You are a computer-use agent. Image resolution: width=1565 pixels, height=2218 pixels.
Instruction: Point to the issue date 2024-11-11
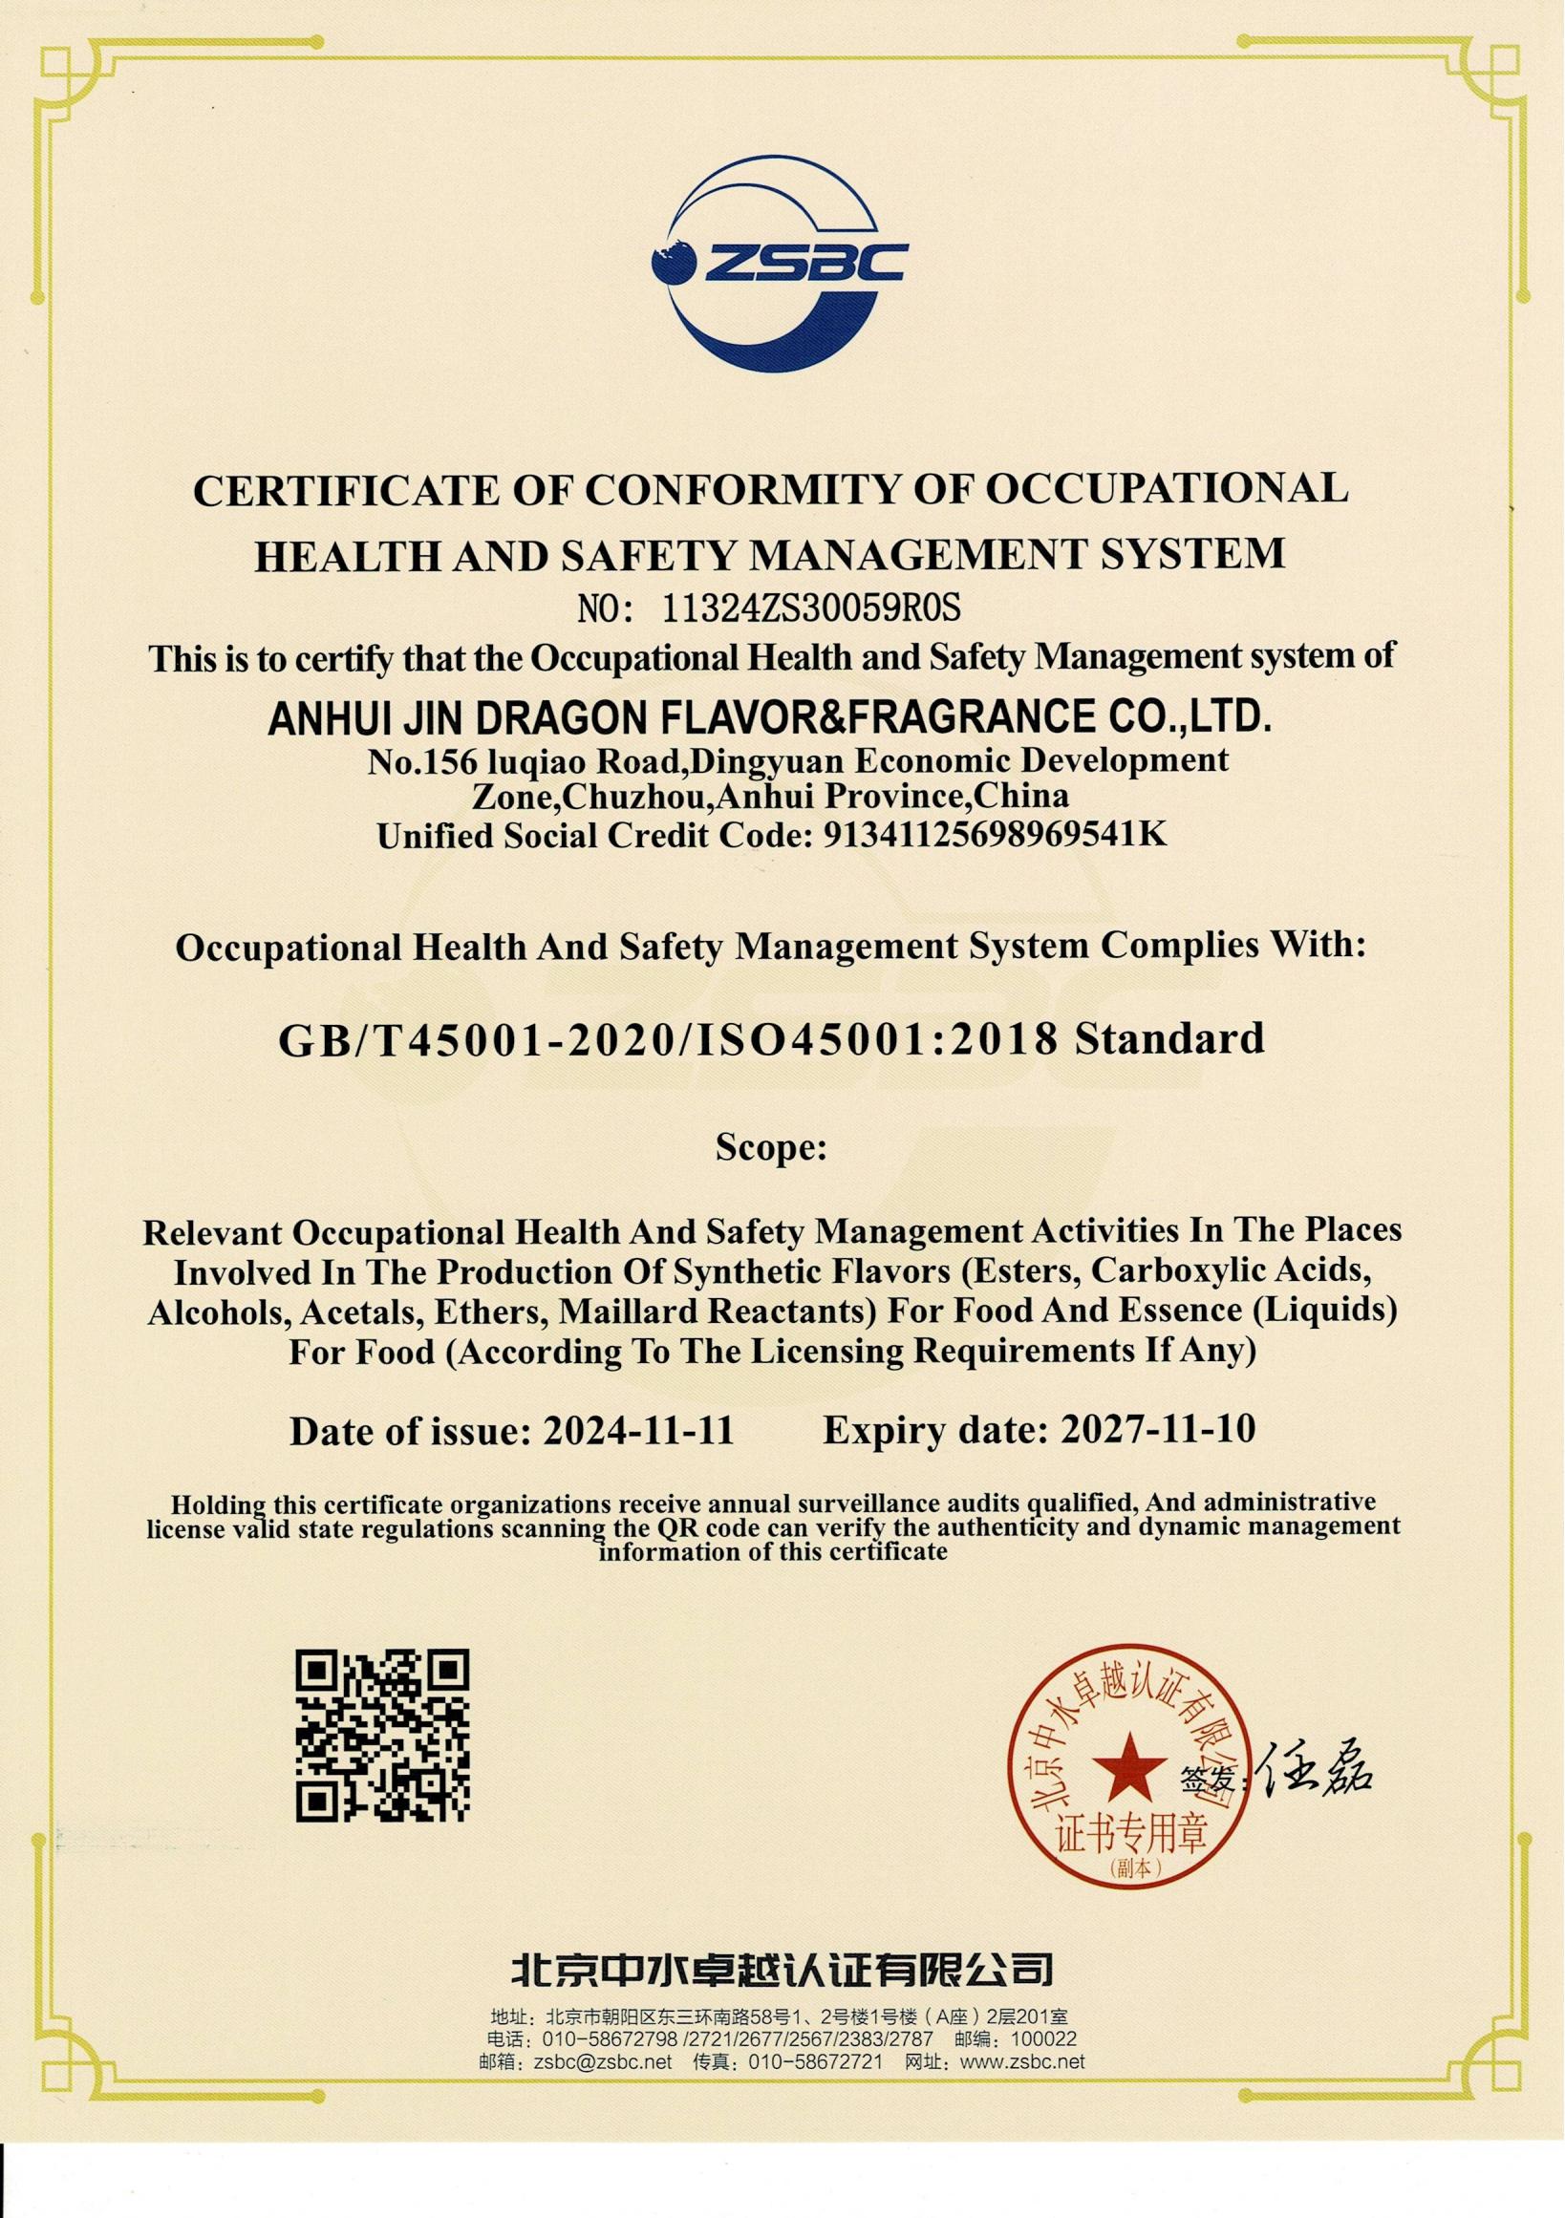(x=638, y=1430)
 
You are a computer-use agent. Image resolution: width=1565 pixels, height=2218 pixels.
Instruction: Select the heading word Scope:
(x=770, y=1147)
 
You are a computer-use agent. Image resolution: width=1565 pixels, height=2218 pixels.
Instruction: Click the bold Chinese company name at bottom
(x=782, y=1960)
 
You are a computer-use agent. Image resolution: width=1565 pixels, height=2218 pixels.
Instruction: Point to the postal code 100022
(x=1043, y=2039)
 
